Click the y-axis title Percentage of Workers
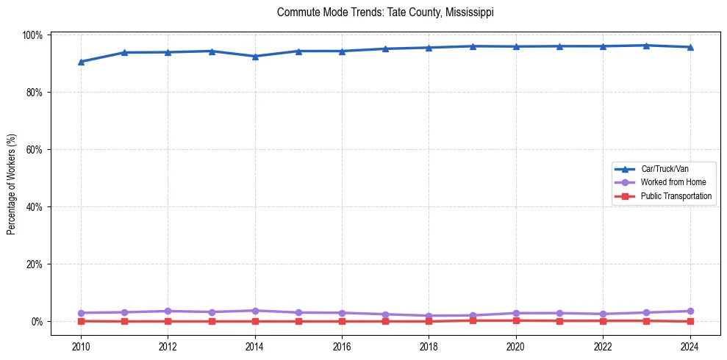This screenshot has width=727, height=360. click(x=12, y=184)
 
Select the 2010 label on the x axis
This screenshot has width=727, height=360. click(x=81, y=346)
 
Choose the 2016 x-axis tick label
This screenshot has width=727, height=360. click(x=342, y=346)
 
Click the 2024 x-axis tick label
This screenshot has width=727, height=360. click(x=690, y=346)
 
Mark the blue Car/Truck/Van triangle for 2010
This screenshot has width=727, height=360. click(x=81, y=62)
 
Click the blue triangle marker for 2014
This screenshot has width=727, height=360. click(x=255, y=56)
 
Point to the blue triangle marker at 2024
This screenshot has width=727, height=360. click(x=690, y=47)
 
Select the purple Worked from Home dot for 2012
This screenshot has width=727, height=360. click(x=168, y=312)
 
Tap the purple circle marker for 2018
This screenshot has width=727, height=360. click(x=429, y=316)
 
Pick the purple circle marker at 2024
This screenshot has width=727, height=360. click(x=690, y=312)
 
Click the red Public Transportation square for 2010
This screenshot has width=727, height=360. click(x=81, y=321)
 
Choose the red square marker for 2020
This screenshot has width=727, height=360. click(x=515, y=320)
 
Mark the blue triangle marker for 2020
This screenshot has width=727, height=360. click(x=515, y=46)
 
